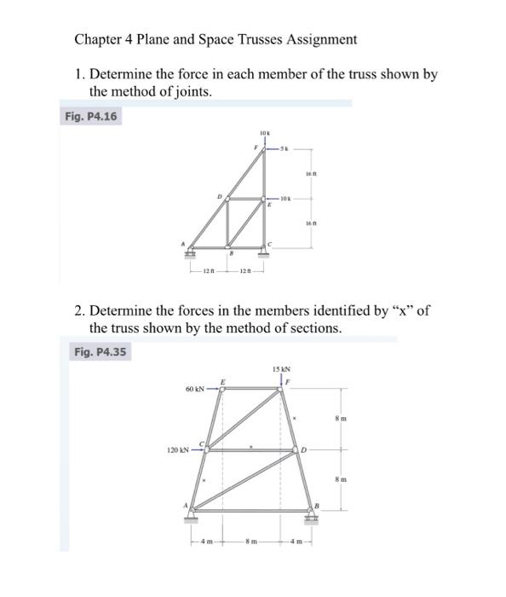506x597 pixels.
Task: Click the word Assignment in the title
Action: pos(318,39)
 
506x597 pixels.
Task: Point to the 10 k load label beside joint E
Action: pos(287,199)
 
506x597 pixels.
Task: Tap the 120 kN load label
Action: pos(178,449)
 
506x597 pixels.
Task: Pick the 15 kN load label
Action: pos(282,369)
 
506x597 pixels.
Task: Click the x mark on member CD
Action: pos(251,445)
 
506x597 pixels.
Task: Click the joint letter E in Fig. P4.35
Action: pos(224,380)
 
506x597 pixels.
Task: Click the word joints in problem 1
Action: pos(183,91)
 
